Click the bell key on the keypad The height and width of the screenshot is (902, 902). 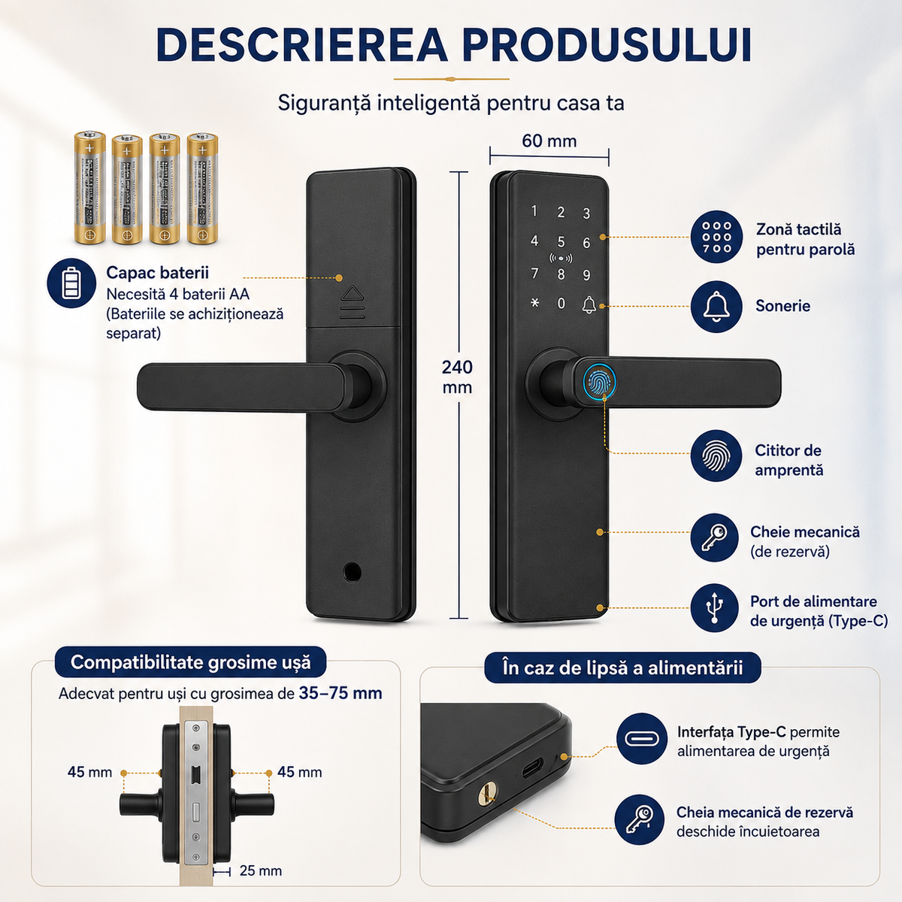coord(589,304)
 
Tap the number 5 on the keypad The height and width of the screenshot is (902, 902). coord(561,242)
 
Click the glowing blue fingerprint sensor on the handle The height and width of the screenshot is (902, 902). coord(599,383)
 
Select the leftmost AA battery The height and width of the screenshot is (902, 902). coord(89,188)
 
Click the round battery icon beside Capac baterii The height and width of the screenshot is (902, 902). coord(71,283)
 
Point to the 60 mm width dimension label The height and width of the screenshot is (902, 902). coord(549,141)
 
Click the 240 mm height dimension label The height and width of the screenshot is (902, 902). coord(457,377)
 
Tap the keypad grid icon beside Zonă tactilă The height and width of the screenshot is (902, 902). coord(716,237)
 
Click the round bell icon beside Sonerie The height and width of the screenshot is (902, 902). coord(716,307)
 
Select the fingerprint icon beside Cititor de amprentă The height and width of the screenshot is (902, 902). coord(716,456)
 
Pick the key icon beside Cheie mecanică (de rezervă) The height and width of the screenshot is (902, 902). coord(714,537)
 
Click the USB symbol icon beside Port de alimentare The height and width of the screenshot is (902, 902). coord(714,607)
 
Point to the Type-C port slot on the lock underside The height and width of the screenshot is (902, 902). coord(533,767)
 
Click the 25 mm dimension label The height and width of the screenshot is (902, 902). coord(261,870)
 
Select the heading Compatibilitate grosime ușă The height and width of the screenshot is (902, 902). coord(190,662)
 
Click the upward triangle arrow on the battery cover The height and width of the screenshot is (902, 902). coord(352,293)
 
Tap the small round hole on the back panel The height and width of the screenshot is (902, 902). coord(352,571)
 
